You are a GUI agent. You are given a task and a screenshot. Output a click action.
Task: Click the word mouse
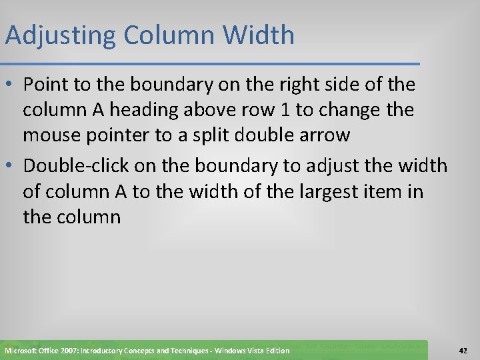51,135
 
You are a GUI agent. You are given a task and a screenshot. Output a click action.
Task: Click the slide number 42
463,350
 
